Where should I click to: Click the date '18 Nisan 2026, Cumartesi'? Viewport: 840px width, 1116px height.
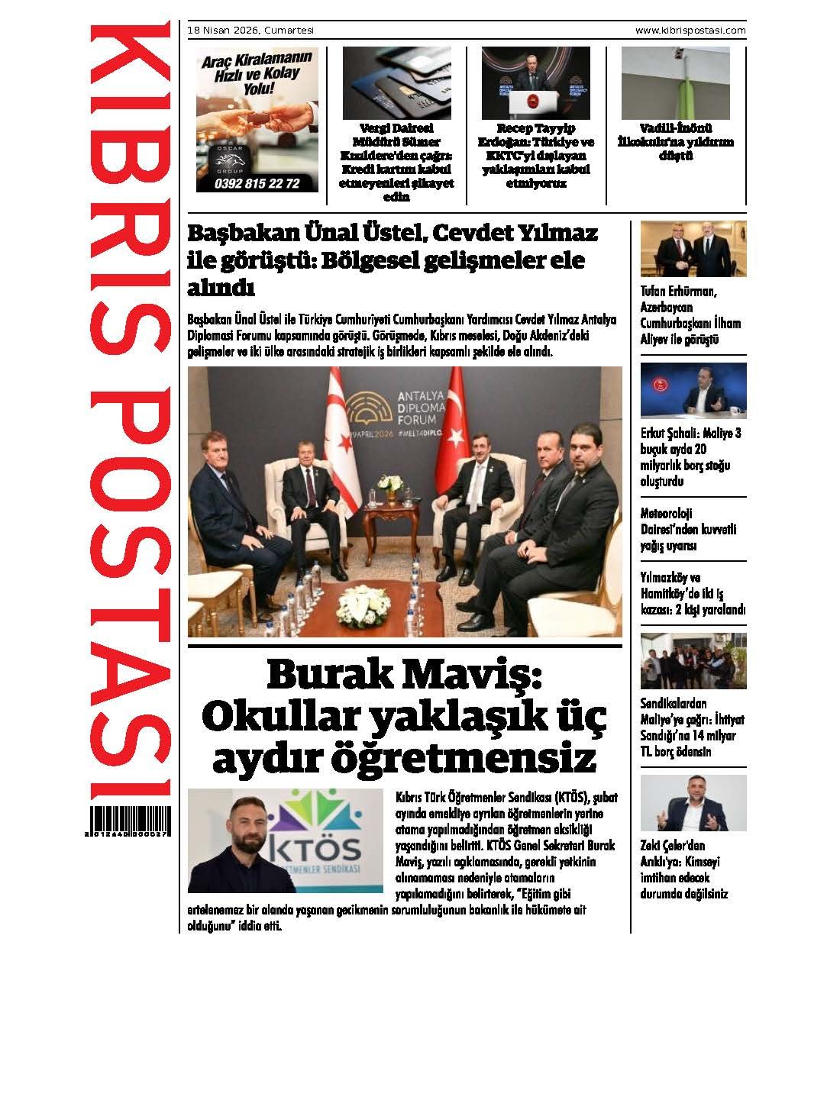[250, 31]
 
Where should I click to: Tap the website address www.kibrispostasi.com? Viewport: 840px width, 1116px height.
[690, 31]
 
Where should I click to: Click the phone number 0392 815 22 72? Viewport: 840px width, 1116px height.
[257, 183]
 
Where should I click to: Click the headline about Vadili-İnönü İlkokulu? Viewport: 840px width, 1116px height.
[676, 142]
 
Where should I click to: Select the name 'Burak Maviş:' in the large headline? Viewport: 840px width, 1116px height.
[404, 676]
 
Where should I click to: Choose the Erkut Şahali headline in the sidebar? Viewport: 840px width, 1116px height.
[691, 457]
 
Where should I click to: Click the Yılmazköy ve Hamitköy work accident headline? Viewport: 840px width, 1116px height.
[692, 593]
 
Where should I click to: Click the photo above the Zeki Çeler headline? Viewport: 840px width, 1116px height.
[693, 803]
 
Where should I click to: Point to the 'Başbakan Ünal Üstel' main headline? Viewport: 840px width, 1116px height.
[393, 260]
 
